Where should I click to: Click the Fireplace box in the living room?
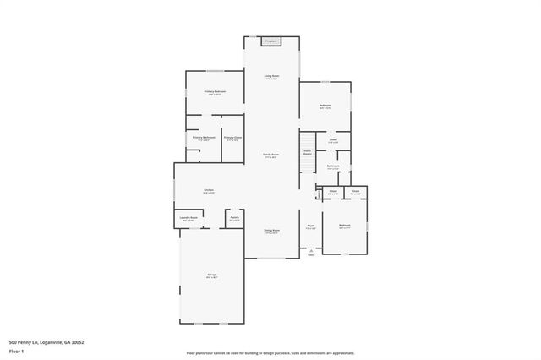[271, 41]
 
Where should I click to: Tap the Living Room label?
[271, 77]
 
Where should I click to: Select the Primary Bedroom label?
[215, 91]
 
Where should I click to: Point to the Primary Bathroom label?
[204, 137]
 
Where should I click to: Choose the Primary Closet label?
[233, 137]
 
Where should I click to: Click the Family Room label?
[270, 155]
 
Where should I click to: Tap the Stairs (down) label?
[308, 152]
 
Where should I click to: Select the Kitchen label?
[209, 190]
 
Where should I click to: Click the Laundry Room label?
[188, 218]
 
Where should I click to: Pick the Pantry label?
[234, 218]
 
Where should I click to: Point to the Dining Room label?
[271, 231]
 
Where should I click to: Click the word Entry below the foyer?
[311, 255]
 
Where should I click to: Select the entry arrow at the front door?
[311, 250]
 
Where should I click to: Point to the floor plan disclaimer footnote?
[270, 353]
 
